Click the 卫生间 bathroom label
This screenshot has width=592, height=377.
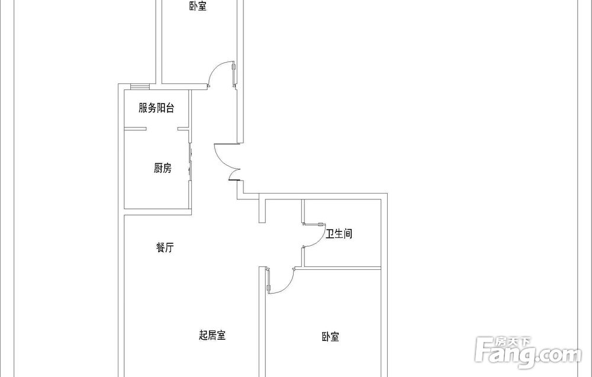[339, 234]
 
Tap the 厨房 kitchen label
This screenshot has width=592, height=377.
[163, 168]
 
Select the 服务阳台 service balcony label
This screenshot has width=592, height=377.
[156, 108]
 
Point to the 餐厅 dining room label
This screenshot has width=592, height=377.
[165, 248]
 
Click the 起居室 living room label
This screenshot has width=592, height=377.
[212, 335]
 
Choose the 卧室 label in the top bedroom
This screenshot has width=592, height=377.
[198, 6]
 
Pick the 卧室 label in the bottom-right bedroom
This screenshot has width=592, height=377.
[330, 337]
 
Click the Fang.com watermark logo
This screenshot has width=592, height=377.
[528, 352]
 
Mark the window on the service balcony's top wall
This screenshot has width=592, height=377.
[140, 87]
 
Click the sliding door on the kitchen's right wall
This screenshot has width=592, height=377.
[191, 162]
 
